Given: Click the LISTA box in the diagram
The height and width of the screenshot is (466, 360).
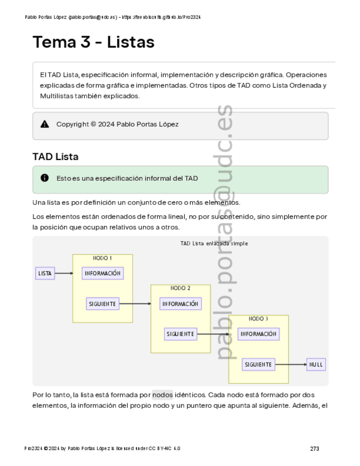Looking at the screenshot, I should click(45, 273).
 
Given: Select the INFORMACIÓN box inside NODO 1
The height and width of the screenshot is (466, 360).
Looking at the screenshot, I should click(102, 273).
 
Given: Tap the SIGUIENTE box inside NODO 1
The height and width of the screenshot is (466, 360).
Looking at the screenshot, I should click(102, 303).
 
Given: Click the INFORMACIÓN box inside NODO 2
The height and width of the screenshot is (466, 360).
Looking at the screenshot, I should click(180, 303).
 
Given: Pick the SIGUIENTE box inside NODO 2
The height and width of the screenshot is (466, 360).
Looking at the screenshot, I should click(180, 334).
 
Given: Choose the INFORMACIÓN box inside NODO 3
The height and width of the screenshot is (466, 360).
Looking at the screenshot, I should click(258, 334).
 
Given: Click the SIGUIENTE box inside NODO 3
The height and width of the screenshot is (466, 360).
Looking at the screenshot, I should click(258, 364).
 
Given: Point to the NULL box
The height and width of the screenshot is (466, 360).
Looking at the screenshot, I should click(316, 364).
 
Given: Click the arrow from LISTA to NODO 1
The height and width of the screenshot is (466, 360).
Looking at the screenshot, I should click(64, 273).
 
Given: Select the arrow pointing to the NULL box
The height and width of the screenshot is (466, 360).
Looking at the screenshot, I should click(291, 364).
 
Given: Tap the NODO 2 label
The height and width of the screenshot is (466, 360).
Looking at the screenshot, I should click(180, 288).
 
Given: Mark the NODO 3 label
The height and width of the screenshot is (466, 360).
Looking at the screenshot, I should click(258, 318).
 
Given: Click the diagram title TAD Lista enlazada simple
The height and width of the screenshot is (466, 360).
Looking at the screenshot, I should click(214, 243).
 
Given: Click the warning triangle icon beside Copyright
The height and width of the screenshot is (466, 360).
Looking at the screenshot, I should click(45, 124).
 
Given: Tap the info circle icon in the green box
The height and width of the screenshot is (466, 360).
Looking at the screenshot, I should click(45, 178).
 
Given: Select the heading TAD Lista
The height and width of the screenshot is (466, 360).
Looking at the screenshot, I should click(55, 157).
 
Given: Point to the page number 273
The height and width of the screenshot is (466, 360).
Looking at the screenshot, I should click(314, 449).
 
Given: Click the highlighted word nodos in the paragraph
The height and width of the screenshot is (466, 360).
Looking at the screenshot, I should click(162, 395).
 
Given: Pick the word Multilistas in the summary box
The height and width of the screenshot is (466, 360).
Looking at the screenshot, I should click(57, 96).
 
